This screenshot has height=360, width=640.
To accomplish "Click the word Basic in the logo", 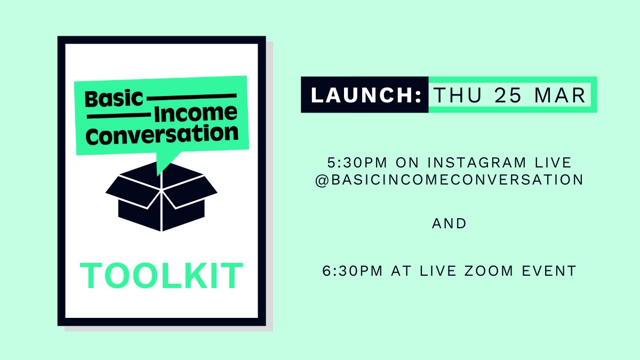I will pyautogui.click(x=114, y=99).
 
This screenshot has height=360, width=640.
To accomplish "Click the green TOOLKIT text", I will pyautogui.click(x=162, y=276).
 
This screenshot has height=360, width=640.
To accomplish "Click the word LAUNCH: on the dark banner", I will pyautogui.click(x=366, y=95).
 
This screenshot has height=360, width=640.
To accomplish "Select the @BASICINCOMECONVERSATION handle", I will pyautogui.click(x=449, y=180).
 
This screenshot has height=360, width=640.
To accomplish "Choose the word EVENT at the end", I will pyautogui.click(x=550, y=271).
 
